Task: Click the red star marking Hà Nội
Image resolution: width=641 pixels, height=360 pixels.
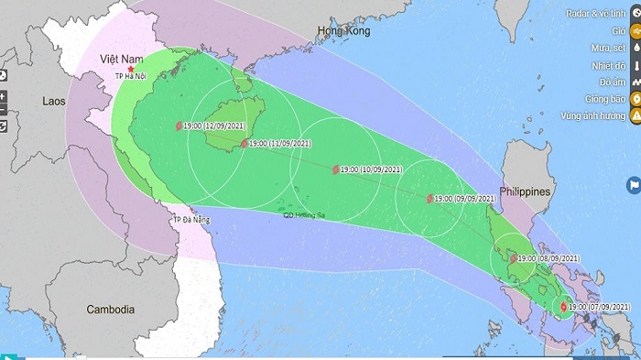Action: pyautogui.click(x=130, y=69)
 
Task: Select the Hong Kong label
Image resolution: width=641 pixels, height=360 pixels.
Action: pyautogui.click(x=342, y=31)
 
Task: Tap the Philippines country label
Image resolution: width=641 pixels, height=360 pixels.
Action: pyautogui.click(x=527, y=191)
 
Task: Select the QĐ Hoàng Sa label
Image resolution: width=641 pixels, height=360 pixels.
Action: pyautogui.click(x=304, y=215)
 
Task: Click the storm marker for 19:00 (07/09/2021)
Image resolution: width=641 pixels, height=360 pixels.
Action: pyautogui.click(x=562, y=307)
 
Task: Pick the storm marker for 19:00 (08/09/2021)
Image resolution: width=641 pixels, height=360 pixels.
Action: pyautogui.click(x=513, y=259)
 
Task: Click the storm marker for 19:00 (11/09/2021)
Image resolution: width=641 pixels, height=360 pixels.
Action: pyautogui.click(x=243, y=144)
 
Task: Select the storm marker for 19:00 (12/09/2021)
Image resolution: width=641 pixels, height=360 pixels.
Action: pyautogui.click(x=179, y=126)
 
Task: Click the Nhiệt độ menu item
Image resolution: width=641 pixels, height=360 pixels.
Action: pyautogui.click(x=607, y=65)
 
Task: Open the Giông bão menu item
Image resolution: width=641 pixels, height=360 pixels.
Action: pyautogui.click(x=605, y=99)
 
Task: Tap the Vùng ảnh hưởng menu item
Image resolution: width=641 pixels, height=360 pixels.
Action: pyautogui.click(x=600, y=115)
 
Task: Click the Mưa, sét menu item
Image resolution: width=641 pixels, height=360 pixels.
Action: pyautogui.click(x=605, y=49)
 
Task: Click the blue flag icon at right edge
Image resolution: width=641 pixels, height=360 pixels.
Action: pyautogui.click(x=633, y=185)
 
